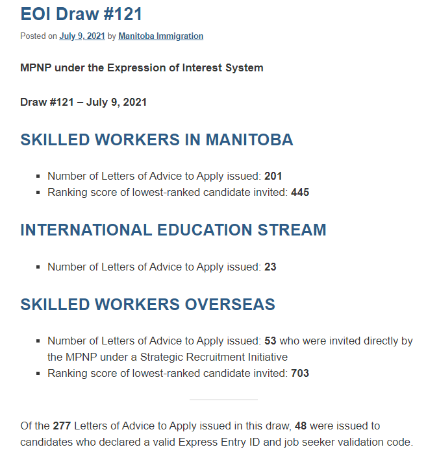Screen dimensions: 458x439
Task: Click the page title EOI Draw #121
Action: coord(81,14)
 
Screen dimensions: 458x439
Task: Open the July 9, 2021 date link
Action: coord(82,36)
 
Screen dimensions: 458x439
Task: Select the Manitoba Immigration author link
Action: coord(160,36)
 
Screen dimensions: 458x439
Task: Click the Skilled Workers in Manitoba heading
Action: coord(157,139)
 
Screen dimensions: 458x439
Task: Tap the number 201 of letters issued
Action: coord(273,176)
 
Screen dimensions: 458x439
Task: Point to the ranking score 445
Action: coord(300,192)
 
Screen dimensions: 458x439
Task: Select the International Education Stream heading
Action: coord(173,230)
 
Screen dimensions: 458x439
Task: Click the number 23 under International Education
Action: coord(270,267)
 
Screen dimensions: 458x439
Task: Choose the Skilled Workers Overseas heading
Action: coord(147,304)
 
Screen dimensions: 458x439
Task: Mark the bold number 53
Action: coord(270,341)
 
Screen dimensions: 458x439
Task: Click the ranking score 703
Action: coord(300,373)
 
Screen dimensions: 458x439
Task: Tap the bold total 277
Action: coord(62,426)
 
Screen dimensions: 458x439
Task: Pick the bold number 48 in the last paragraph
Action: coord(301,426)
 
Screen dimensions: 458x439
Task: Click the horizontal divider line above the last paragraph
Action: coord(223,400)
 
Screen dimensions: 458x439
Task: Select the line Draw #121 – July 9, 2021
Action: coord(83,102)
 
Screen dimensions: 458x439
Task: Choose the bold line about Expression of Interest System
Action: coord(142,67)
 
